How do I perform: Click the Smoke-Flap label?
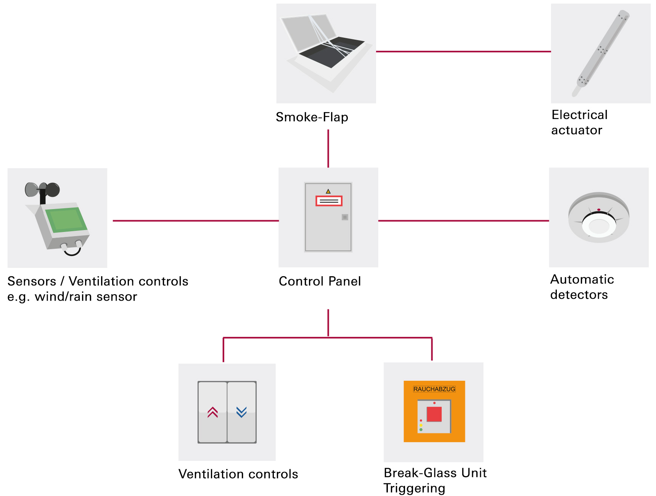pyautogui.click(x=312, y=117)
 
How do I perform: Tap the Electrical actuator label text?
pyautogui.click(x=579, y=122)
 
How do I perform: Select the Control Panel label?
pyautogui.click(x=320, y=282)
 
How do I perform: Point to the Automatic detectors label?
pyautogui.click(x=582, y=287)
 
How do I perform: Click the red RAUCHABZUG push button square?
pyautogui.click(x=434, y=414)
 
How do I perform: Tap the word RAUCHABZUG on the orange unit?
pyautogui.click(x=434, y=389)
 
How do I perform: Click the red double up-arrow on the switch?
pyautogui.click(x=213, y=412)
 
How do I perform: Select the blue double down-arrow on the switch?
pyautogui.click(x=241, y=412)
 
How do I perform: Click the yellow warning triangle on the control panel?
pyautogui.click(x=328, y=192)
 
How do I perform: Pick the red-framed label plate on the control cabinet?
pyautogui.click(x=329, y=201)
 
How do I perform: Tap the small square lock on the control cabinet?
pyautogui.click(x=345, y=217)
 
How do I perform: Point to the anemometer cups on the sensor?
pyautogui.click(x=42, y=189)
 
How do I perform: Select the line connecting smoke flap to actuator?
pyautogui.click(x=463, y=52)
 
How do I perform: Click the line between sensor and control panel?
pyautogui.click(x=196, y=221)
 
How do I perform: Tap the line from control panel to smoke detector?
pyautogui.click(x=463, y=221)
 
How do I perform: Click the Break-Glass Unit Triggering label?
pyautogui.click(x=435, y=480)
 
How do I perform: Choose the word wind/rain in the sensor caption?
pyautogui.click(x=64, y=297)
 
